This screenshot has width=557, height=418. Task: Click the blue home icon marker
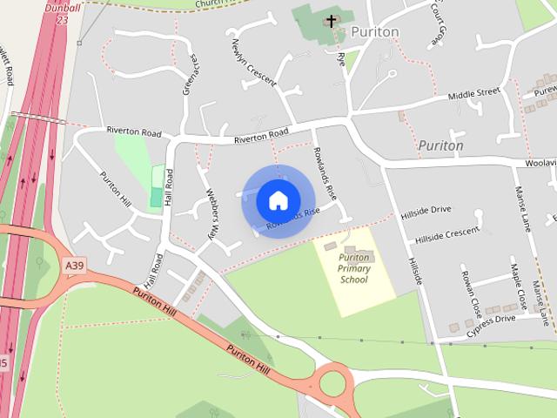point(278,200)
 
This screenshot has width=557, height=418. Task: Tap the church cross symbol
point(332,21)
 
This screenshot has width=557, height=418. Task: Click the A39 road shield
point(75,265)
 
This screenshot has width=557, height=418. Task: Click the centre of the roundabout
point(332,381)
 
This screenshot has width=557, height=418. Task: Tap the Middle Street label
point(474,92)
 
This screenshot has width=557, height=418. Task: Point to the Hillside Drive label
point(426,210)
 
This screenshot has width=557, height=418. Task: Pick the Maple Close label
point(519,287)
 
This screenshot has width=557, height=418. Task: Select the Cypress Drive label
point(490,321)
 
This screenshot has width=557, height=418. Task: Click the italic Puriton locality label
point(440,145)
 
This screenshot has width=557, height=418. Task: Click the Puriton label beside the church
point(375,31)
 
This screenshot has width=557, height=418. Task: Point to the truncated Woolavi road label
point(540,163)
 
